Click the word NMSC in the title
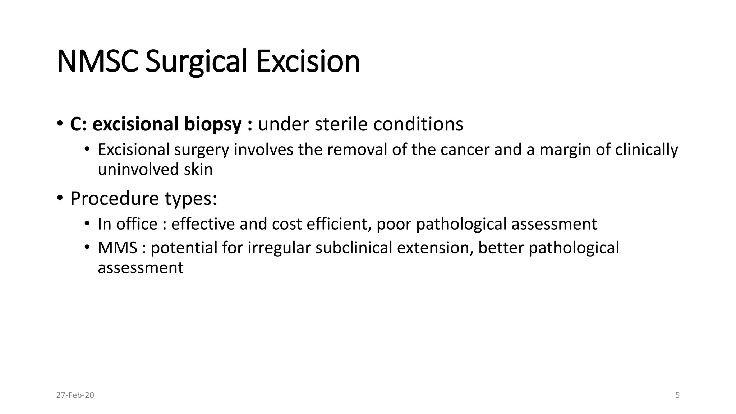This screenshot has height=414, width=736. click(97, 61)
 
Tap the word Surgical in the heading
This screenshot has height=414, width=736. click(196, 61)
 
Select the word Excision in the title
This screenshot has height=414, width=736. click(308, 61)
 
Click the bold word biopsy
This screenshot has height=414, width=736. click(213, 124)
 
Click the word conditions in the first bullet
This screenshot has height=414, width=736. click(418, 124)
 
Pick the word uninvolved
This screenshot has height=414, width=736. click(138, 169)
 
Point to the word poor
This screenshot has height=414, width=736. click(394, 224)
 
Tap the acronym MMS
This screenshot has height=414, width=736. click(118, 248)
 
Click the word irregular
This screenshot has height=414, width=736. click(279, 248)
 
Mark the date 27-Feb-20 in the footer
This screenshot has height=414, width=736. click(75, 395)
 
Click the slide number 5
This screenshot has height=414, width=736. click(677, 395)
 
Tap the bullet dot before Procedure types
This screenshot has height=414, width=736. click(60, 198)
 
